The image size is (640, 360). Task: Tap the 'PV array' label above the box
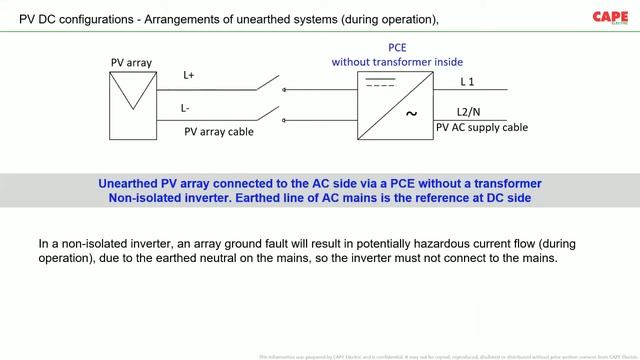click(131, 62)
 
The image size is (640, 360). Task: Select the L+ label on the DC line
click(189, 76)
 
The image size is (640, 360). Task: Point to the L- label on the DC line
click(186, 107)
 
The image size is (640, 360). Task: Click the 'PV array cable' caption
click(219, 131)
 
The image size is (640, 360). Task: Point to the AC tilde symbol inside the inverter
click(410, 114)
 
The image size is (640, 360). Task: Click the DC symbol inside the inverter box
click(375, 83)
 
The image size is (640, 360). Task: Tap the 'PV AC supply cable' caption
click(482, 127)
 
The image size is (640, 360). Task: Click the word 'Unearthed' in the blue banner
click(132, 184)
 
